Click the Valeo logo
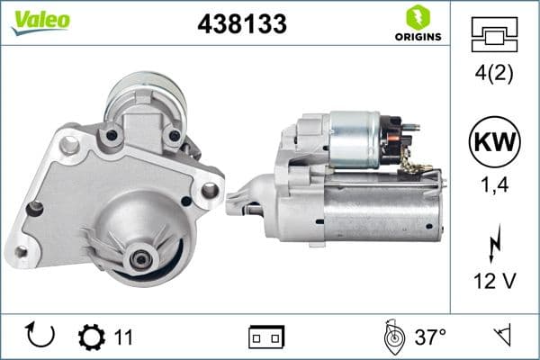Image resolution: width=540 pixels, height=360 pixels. [x=40, y=21]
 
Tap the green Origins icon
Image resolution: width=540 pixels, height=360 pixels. [x=417, y=15]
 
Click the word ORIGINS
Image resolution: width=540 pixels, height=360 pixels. [x=417, y=37]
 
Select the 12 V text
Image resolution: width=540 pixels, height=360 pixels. [x=494, y=283]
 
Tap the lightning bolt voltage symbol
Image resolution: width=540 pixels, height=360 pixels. [x=493, y=245]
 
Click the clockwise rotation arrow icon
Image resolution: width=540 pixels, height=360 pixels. [x=40, y=336]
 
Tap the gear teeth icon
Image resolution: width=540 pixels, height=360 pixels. [x=92, y=337]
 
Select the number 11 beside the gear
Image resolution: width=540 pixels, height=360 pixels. [x=123, y=337]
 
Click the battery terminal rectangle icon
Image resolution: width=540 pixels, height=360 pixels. [x=266, y=337]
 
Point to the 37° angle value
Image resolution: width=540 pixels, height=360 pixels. [x=431, y=337]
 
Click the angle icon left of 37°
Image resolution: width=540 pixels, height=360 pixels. [x=393, y=337]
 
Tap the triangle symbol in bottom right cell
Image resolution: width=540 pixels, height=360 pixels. [x=505, y=337]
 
